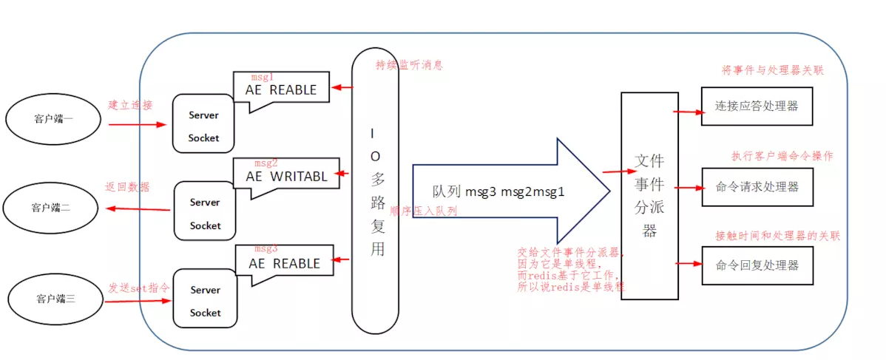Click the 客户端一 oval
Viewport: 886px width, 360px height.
(53, 118)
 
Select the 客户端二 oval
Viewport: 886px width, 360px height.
(51, 207)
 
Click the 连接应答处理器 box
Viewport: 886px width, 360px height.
(757, 106)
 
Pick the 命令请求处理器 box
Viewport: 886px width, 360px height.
(757, 186)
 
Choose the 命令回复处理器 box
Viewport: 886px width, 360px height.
(757, 265)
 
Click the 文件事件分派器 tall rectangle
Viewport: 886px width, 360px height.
(649, 196)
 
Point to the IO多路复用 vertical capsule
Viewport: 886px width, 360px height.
(376, 191)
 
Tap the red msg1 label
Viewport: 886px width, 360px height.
(263, 76)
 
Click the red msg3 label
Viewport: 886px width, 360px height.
(266, 248)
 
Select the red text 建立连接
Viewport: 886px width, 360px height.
(131, 105)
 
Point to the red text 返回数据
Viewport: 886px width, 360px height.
(127, 186)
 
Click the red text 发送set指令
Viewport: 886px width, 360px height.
(139, 288)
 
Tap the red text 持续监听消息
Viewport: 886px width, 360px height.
(409, 65)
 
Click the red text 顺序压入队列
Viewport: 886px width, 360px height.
(423, 211)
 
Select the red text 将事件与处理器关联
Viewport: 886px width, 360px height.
(772, 71)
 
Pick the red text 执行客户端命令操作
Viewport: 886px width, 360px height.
(782, 156)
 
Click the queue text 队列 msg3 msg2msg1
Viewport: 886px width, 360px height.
(499, 191)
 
